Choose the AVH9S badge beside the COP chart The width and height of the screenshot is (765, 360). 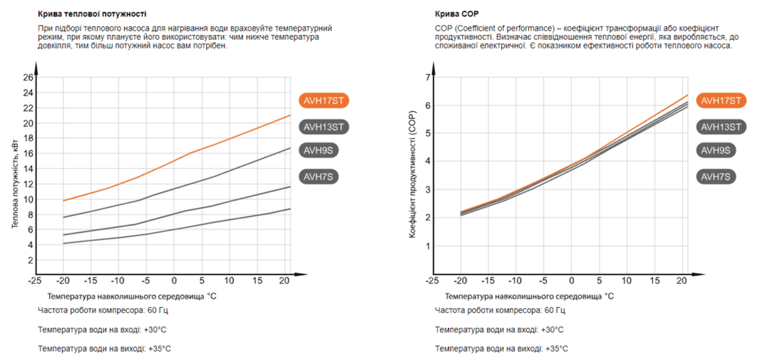click(716, 150)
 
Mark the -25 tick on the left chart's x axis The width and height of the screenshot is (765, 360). click(35, 280)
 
